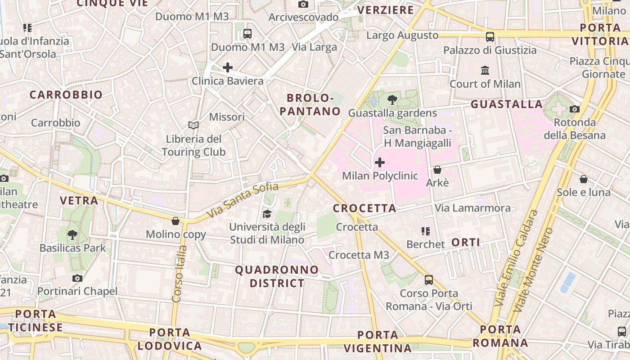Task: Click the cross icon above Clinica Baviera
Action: point(228,67)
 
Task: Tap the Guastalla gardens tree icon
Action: point(392,100)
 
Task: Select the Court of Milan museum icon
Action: point(485,71)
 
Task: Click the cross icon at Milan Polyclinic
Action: point(380,162)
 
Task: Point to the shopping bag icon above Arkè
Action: point(437,170)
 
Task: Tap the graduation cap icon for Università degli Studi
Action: point(267,214)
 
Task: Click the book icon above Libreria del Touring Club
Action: point(193,126)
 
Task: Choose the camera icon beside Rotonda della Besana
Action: point(575,109)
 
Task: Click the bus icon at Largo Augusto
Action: point(490,36)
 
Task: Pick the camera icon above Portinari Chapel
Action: point(77,278)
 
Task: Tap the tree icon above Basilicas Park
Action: point(72,234)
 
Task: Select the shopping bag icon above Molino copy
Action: point(175,221)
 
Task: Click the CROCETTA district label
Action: point(364,208)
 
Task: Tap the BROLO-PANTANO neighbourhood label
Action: point(310,104)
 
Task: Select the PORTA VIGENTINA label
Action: point(378,342)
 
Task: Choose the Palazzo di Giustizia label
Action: point(490,50)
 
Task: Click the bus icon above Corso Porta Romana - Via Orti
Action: point(429,280)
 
